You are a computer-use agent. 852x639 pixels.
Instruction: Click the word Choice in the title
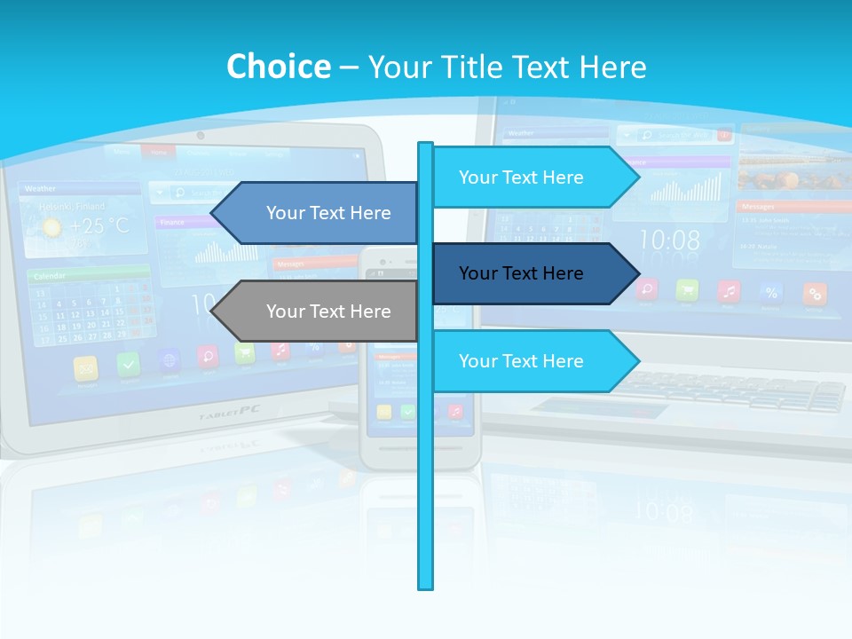click(x=278, y=67)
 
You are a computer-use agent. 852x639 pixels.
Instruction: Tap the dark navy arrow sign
click(x=532, y=273)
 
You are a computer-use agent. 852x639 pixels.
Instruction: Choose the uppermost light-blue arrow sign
click(x=532, y=177)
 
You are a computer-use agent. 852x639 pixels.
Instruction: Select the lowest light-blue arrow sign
click(x=532, y=361)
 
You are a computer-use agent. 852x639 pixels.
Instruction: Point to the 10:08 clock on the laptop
click(x=669, y=240)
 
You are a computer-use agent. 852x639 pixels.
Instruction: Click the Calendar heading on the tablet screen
click(x=51, y=277)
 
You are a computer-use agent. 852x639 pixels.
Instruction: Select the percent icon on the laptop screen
click(x=771, y=292)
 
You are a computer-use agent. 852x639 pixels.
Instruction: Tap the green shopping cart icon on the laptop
click(x=686, y=289)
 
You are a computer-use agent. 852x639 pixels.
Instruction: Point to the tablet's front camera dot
click(x=201, y=136)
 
